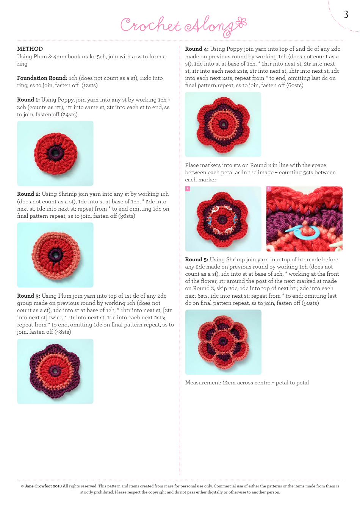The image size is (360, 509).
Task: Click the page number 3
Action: pyautogui.click(x=346, y=15)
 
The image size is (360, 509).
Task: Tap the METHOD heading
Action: pyautogui.click(x=30, y=49)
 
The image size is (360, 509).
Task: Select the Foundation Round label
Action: pyautogui.click(x=42, y=78)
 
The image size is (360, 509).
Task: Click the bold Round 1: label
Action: pyautogui.click(x=28, y=100)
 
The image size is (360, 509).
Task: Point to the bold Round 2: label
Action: pyautogui.click(x=29, y=194)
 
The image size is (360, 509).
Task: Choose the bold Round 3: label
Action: pyautogui.click(x=29, y=296)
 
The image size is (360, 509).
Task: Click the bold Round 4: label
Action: pyautogui.click(x=197, y=49)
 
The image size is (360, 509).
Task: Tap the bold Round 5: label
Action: pyautogui.click(x=197, y=259)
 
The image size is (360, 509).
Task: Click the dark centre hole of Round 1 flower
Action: pyautogui.click(x=55, y=153)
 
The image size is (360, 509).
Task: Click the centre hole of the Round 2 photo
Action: pyautogui.click(x=56, y=255)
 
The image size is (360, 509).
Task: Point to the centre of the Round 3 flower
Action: pyautogui.click(x=55, y=371)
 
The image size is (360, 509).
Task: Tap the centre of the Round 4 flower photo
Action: pyautogui.click(x=223, y=124)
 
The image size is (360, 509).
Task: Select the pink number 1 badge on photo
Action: pyautogui.click(x=187, y=189)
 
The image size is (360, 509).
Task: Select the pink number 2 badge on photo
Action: pyautogui.click(x=269, y=189)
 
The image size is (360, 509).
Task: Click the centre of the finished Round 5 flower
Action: pyautogui.click(x=223, y=342)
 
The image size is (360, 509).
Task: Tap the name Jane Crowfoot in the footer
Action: pyautogui.click(x=38, y=486)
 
